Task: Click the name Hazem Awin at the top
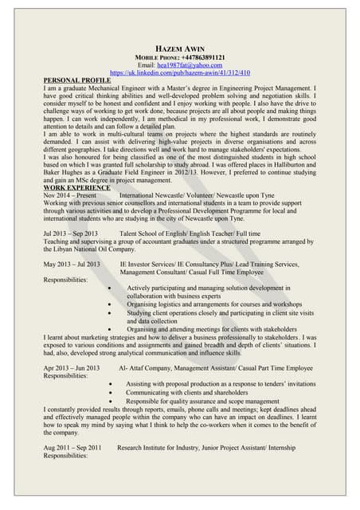179,49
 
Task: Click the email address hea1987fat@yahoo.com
194,65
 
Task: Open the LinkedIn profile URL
179,73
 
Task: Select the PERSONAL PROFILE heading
77,80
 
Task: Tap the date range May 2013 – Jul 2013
72,263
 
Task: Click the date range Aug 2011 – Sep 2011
72,448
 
